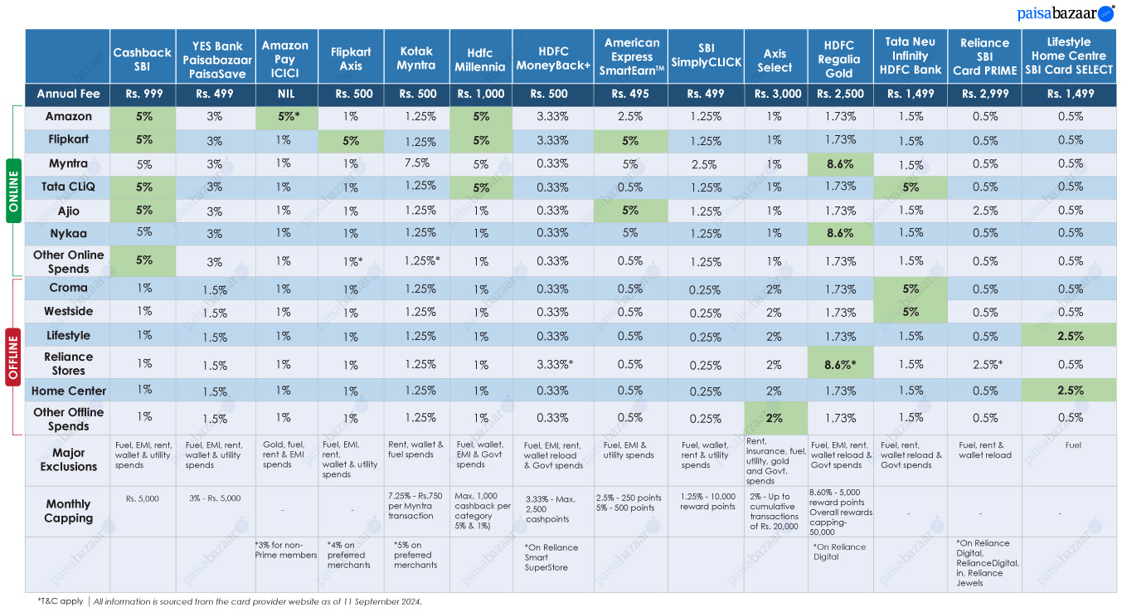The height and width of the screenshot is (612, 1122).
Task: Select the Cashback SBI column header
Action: click(143, 59)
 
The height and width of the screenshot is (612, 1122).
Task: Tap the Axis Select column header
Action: click(775, 60)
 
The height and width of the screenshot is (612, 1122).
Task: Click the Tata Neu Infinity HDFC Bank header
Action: click(911, 56)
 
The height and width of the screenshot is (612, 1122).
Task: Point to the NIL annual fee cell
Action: click(286, 94)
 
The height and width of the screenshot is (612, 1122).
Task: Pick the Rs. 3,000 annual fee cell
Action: click(778, 94)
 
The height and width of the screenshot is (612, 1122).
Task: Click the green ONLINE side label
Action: click(13, 191)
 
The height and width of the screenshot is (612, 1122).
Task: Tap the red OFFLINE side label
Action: click(13, 357)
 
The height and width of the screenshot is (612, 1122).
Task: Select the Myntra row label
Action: click(68, 163)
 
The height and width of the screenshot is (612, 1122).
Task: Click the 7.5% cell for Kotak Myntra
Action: click(417, 163)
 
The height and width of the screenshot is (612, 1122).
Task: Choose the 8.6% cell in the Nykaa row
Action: click(840, 233)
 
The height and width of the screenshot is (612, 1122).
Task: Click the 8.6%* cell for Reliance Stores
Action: click(840, 365)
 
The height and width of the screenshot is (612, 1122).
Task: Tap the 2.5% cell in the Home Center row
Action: click(1071, 390)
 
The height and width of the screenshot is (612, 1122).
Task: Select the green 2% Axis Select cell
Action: click(774, 418)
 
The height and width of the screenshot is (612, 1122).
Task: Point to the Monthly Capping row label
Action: click(68, 511)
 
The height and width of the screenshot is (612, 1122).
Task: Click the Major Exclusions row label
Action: click(68, 459)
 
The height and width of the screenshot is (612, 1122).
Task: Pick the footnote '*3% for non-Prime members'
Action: click(286, 550)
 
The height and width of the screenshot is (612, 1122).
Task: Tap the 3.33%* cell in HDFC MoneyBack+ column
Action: click(554, 365)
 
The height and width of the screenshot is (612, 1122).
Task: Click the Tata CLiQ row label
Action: click(68, 187)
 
